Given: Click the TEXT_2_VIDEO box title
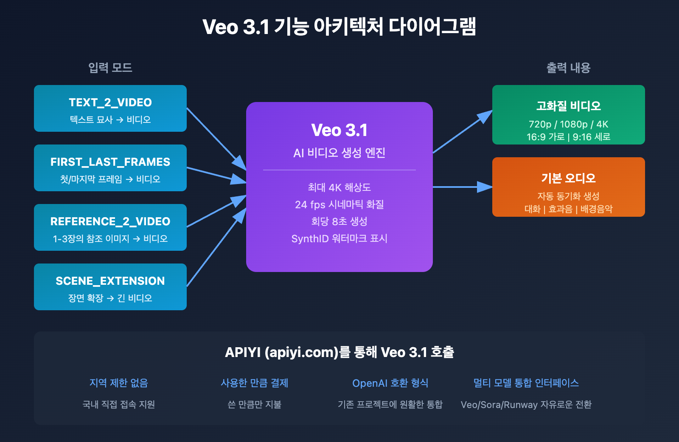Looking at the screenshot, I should click(110, 102).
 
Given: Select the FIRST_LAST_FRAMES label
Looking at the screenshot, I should click(110, 162).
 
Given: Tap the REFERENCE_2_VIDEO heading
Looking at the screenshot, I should click(110, 221).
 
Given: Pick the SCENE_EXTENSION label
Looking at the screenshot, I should click(110, 281).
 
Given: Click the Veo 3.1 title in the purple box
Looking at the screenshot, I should click(339, 130).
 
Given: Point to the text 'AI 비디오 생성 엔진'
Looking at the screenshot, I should click(339, 153).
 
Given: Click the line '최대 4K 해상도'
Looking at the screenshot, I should click(339, 187).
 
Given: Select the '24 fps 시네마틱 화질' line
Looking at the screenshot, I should click(339, 204).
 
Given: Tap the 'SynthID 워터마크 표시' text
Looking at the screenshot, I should click(339, 238).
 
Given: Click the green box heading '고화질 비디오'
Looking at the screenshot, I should click(569, 106).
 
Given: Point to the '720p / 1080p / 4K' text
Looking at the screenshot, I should click(569, 124).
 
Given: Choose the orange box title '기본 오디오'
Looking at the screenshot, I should click(569, 178).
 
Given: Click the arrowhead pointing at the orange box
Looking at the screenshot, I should click(485, 187).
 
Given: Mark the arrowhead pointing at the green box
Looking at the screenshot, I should click(485, 116).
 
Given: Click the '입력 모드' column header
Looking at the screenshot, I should click(110, 68).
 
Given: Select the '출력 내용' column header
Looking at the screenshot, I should click(569, 68).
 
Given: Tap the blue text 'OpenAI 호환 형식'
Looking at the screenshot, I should click(390, 383).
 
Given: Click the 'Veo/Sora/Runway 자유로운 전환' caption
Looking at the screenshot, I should click(526, 405).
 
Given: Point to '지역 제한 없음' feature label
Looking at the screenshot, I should click(119, 383).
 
